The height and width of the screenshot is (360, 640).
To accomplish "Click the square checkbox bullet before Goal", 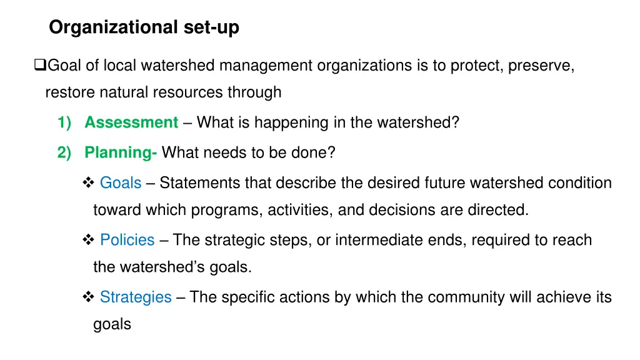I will pyautogui.click(x=40, y=65).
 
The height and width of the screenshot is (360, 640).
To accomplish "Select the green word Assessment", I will pyautogui.click(x=131, y=122).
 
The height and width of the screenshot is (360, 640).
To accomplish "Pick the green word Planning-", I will pyautogui.click(x=121, y=152).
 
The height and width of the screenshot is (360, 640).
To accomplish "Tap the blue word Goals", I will pyautogui.click(x=121, y=183).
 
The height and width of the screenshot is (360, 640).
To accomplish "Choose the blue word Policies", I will pyautogui.click(x=127, y=240).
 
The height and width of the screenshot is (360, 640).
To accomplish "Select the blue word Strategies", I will pyautogui.click(x=136, y=297).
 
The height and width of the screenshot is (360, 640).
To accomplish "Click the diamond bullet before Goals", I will pyautogui.click(x=87, y=183).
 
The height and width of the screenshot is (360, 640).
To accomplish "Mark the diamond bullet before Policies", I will pyautogui.click(x=87, y=240).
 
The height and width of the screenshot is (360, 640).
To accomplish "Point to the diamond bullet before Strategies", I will pyautogui.click(x=87, y=297).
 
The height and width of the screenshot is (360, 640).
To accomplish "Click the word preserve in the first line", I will pyautogui.click(x=541, y=65).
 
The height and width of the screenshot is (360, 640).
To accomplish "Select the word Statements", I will pyautogui.click(x=200, y=183).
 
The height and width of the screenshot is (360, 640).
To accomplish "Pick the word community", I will pyautogui.click(x=448, y=297).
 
